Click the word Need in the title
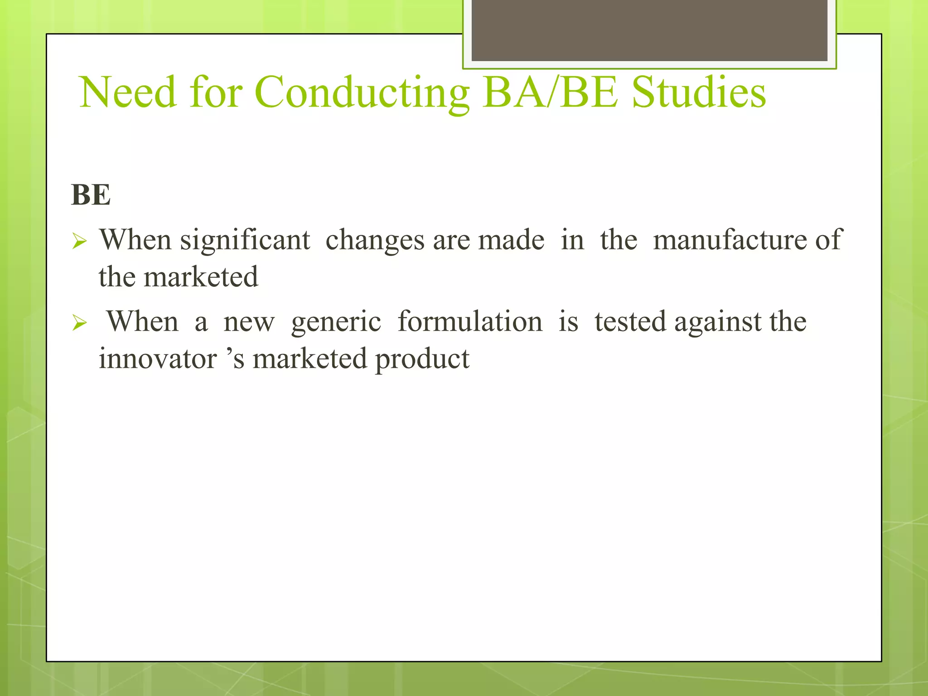point(127,92)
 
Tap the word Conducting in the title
point(362,92)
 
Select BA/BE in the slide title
point(550,92)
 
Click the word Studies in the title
point(698,92)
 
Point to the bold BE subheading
point(91,195)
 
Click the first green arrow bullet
point(79,242)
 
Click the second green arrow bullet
point(79,323)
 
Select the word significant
point(245,241)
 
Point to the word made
point(511,240)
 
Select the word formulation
point(469,322)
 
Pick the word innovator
point(158,359)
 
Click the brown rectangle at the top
point(649,30)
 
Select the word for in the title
point(216,92)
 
